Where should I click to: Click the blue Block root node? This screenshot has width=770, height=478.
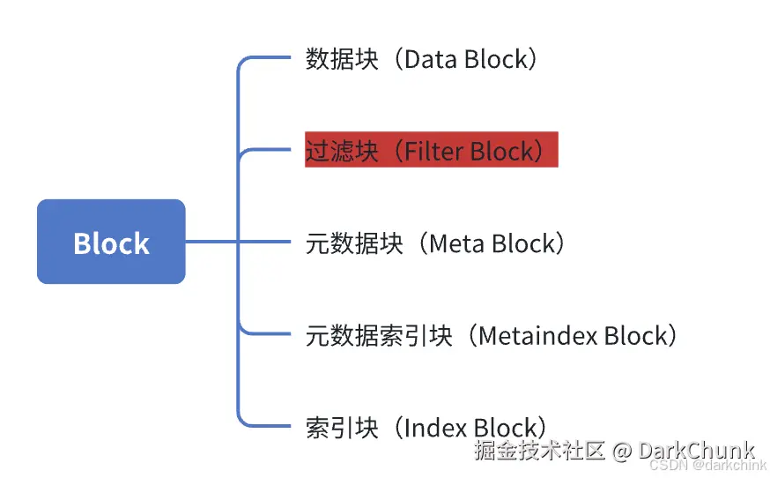coord(111,242)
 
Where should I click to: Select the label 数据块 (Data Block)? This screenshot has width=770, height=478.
coord(421,59)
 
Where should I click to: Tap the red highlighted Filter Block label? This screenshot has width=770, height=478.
coord(431,150)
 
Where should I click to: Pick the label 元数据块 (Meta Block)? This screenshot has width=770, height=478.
coord(434,243)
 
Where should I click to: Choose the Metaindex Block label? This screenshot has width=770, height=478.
coord(491,335)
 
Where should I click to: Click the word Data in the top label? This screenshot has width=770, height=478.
coord(433,59)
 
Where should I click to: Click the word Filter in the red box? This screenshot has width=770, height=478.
coord(433,150)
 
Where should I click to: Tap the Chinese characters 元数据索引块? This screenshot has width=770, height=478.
coord(379,335)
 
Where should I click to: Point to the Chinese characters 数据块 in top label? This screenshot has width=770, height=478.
coord(342,59)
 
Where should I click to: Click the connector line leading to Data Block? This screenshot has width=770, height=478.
coord(264,59)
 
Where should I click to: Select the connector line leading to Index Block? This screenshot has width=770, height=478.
coord(264,426)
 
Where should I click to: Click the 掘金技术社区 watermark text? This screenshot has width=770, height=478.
coord(539,451)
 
